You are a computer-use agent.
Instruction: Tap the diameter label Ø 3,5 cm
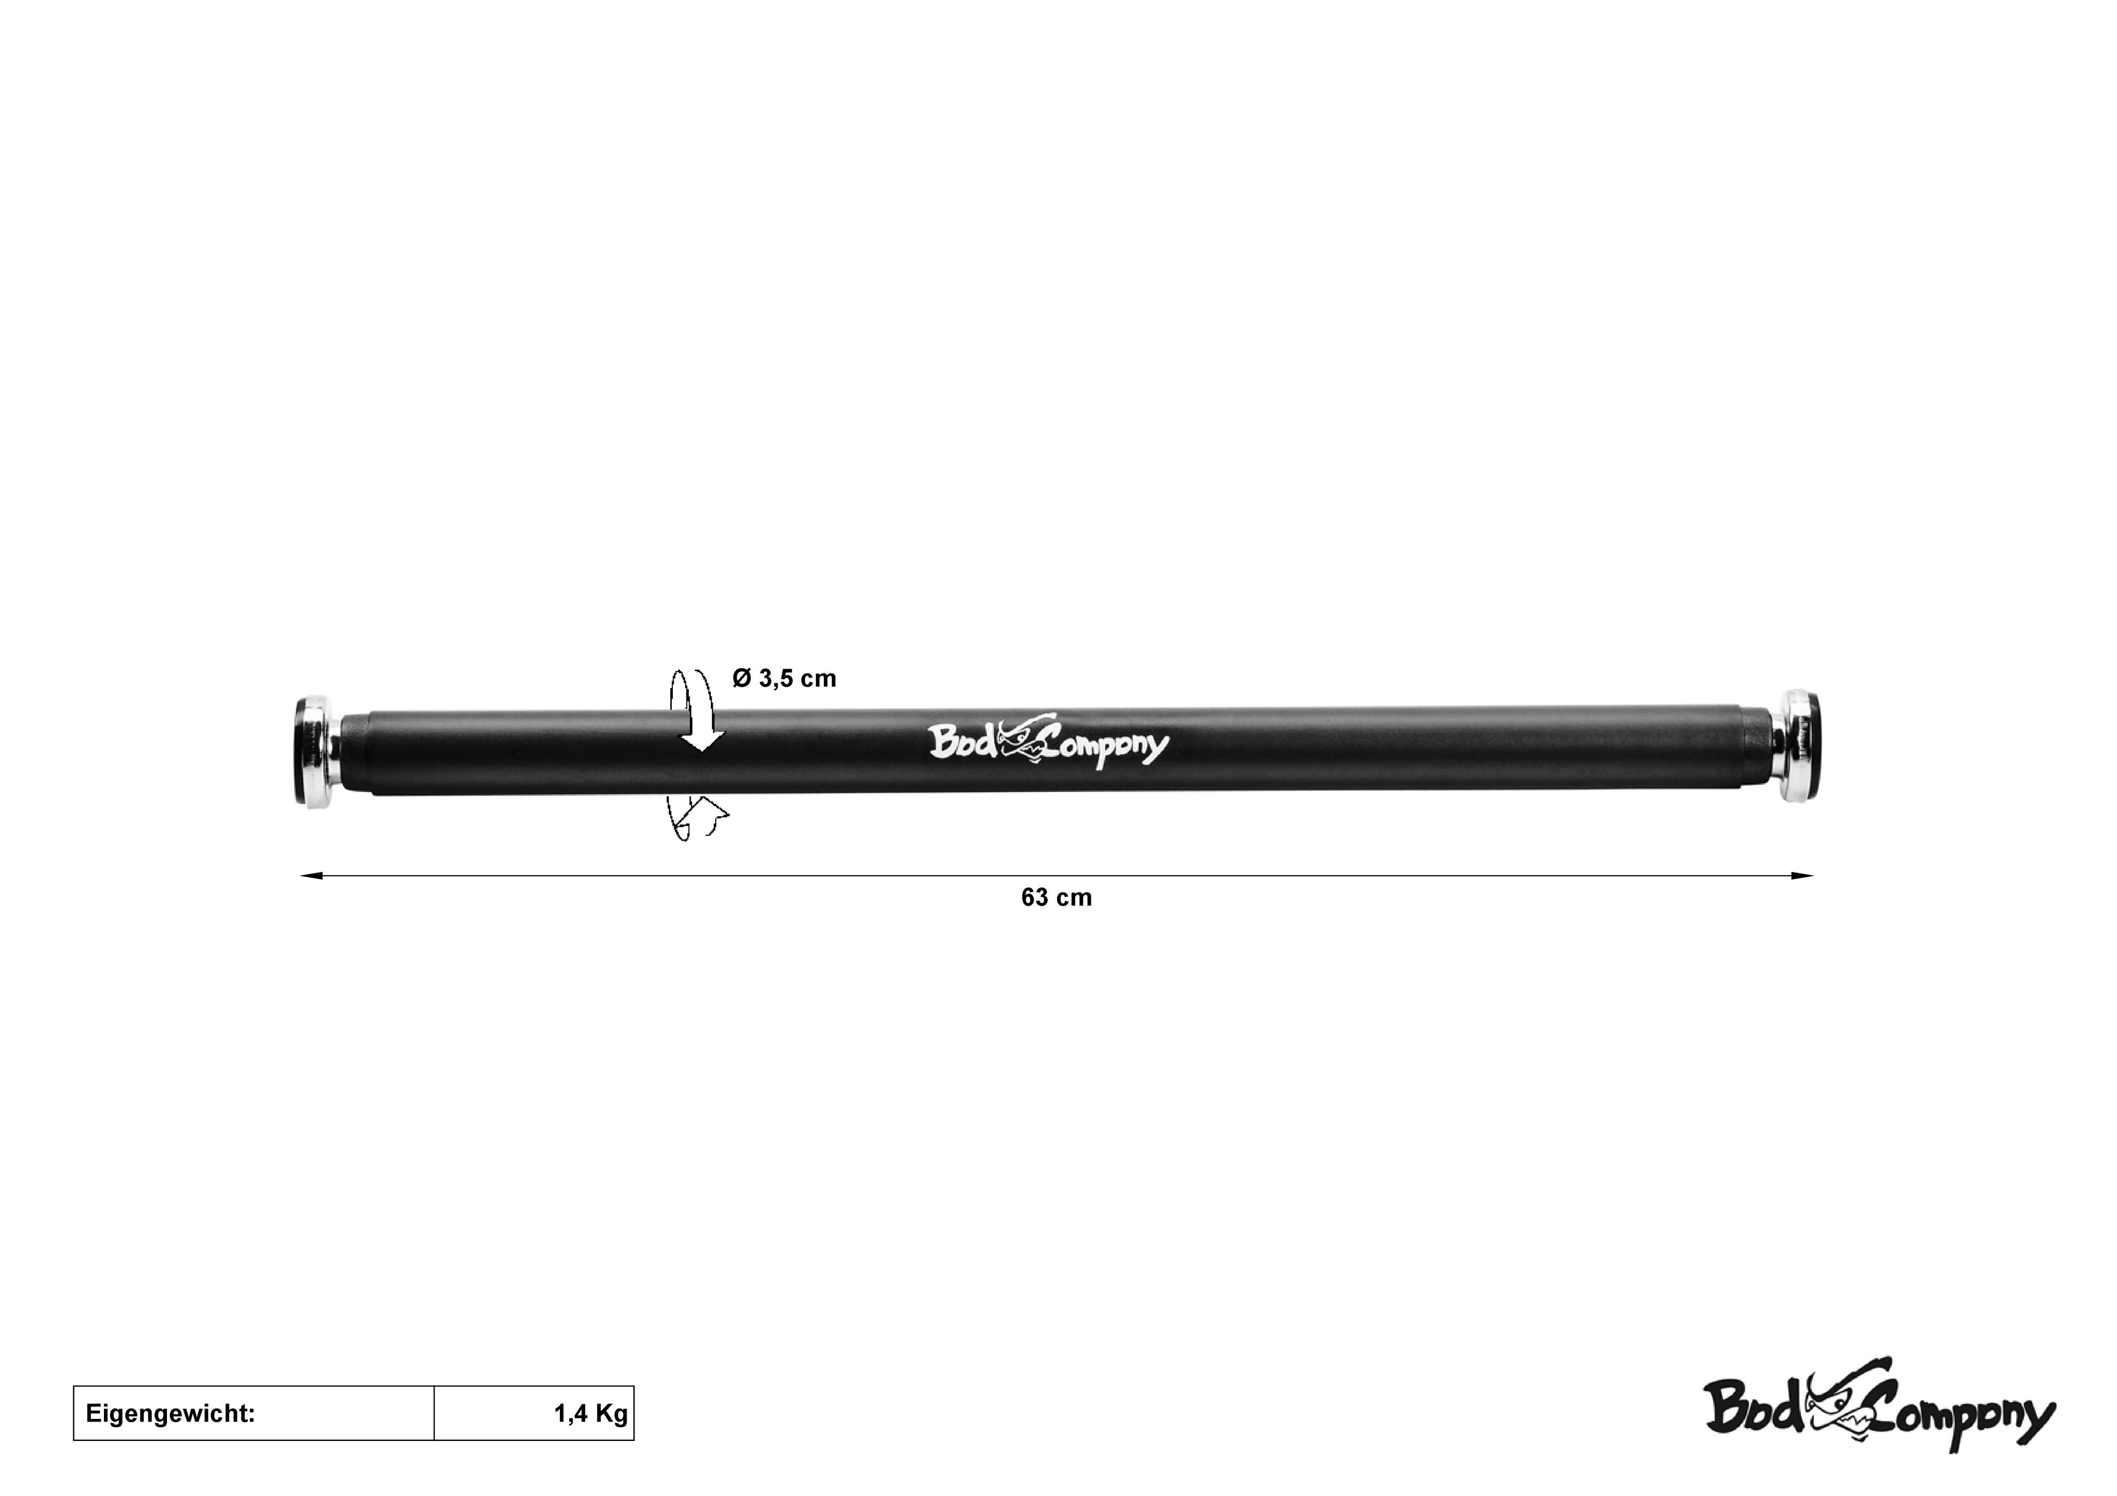click(785, 679)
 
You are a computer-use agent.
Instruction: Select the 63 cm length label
click(1057, 898)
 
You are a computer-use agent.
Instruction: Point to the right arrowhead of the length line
click(1803, 877)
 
